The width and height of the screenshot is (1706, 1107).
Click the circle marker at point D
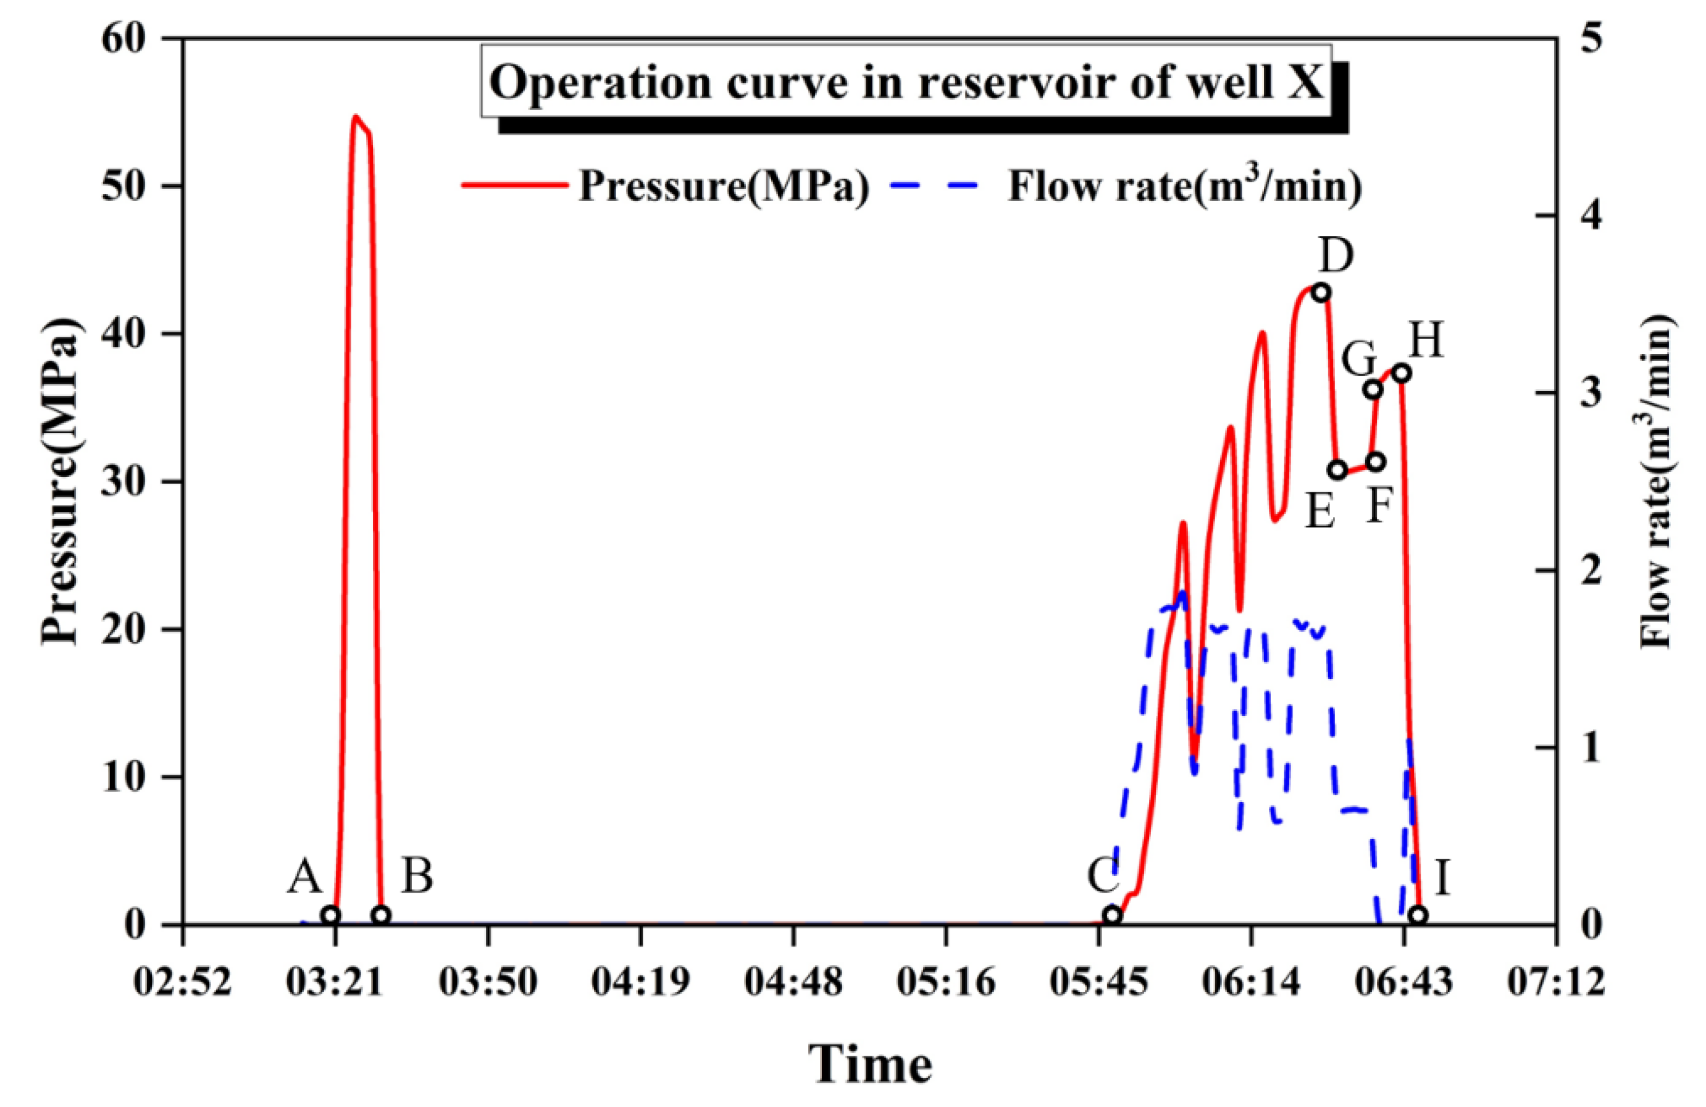pyautogui.click(x=1322, y=293)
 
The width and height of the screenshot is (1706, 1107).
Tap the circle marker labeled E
pyautogui.click(x=1337, y=470)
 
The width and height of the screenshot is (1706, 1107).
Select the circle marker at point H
pyautogui.click(x=1402, y=374)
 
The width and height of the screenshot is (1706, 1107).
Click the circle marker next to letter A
pyautogui.click(x=330, y=915)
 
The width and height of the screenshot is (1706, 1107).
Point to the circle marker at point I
pyautogui.click(x=1418, y=915)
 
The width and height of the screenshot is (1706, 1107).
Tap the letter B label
pyautogui.click(x=416, y=877)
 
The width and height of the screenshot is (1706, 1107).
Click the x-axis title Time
pyautogui.click(x=870, y=1064)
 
